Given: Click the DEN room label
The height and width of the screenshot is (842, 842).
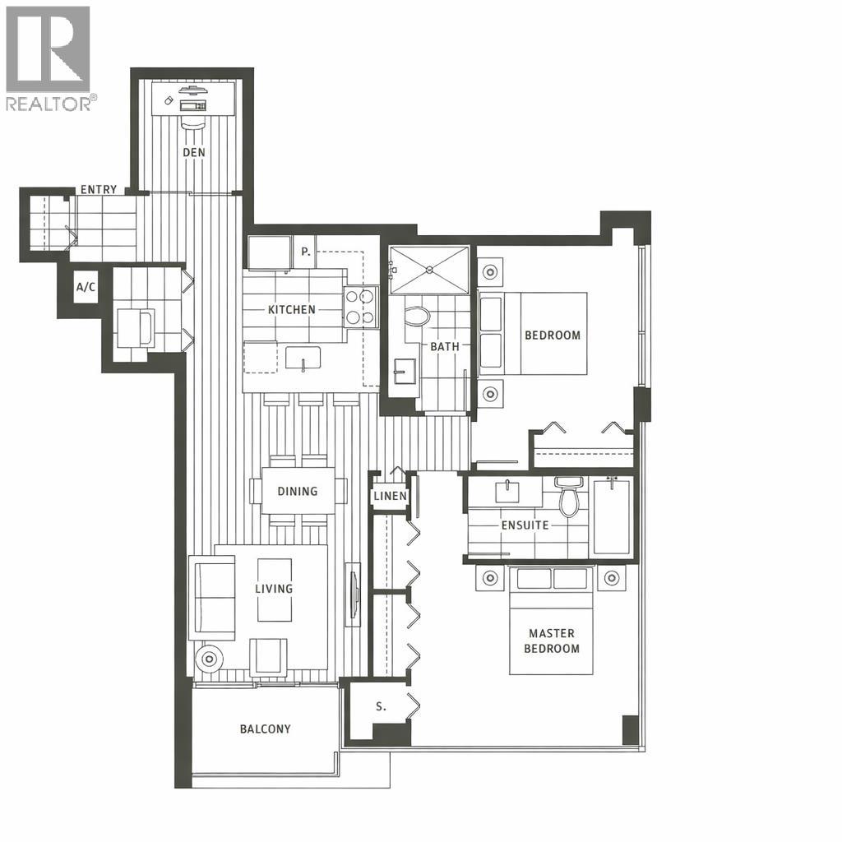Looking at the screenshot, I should [194, 152].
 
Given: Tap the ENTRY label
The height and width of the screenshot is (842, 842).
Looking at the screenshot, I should [98, 190].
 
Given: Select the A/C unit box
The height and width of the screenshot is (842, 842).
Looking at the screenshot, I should [85, 287].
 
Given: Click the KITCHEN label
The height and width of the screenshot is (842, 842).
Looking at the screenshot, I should [291, 310].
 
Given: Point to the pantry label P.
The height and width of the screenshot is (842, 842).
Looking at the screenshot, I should [305, 252].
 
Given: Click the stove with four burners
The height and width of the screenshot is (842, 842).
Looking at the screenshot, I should [360, 307].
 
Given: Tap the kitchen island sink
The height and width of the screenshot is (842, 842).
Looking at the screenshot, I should [303, 359].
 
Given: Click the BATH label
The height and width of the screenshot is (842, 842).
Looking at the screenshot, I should [445, 346].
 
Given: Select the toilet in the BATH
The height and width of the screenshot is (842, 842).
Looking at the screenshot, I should [419, 317].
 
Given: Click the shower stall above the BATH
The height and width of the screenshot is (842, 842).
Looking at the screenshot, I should [429, 269].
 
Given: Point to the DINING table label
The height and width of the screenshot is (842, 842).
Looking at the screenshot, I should [297, 492].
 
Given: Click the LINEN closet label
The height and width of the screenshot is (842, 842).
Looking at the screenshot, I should [390, 497].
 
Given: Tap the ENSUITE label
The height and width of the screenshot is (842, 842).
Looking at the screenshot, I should [525, 525].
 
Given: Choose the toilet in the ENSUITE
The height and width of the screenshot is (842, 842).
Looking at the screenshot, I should [567, 497].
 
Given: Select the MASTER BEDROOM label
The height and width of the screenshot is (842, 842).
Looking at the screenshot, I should [552, 641].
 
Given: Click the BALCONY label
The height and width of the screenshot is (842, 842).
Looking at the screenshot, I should [265, 729].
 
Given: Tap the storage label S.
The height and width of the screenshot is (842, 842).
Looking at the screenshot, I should [380, 706].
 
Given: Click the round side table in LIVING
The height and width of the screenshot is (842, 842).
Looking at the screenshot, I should [210, 658].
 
